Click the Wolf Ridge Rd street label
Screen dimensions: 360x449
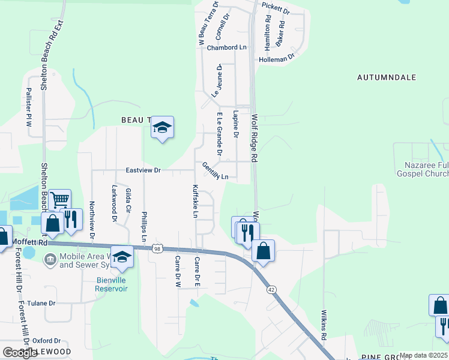(x=255, y=139)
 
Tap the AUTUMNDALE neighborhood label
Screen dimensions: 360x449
(x=386, y=78)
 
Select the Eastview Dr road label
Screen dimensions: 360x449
(x=143, y=170)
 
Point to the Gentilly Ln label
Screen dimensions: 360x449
(x=215, y=171)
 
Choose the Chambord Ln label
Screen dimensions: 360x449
(x=227, y=47)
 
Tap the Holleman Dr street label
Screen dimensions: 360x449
(x=277, y=59)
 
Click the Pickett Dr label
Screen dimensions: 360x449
(x=276, y=11)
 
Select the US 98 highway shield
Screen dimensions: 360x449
(x=157, y=248)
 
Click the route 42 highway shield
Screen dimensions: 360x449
(x=272, y=289)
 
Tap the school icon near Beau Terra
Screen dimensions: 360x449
(x=161, y=127)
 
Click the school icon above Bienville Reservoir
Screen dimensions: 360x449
(x=122, y=256)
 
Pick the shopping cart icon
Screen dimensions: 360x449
(x=59, y=200)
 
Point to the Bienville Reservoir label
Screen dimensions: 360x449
(x=111, y=284)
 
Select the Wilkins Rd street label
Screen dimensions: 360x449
(x=323, y=326)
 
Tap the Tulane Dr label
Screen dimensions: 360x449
(x=41, y=304)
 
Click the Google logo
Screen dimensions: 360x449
(x=20, y=353)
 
